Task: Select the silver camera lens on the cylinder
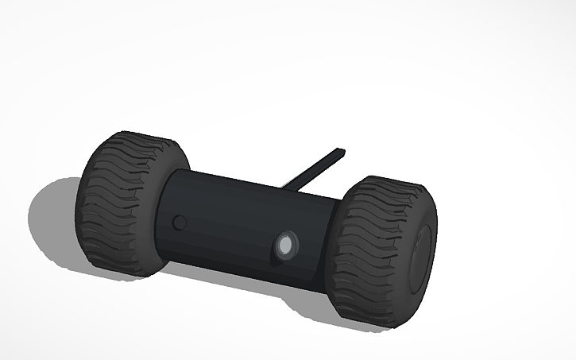pos(285,247)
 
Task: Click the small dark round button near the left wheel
pos(180,222)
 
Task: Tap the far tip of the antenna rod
pos(342,150)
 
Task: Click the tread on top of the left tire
pos(143,143)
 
